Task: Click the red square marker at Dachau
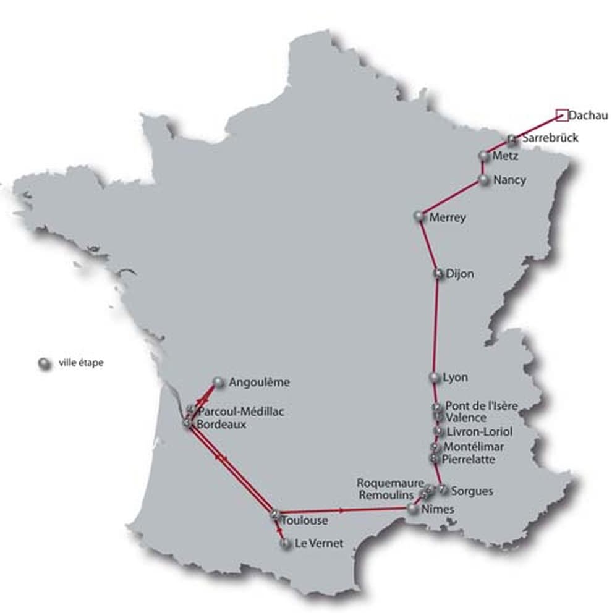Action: [561, 114]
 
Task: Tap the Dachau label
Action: [588, 115]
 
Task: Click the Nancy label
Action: [510, 180]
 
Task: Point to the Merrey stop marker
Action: [419, 216]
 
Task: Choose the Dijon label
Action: [459, 274]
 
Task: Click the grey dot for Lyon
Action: [433, 377]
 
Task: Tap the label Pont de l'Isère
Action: [482, 405]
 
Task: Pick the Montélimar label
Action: [474, 446]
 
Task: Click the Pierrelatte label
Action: [469, 459]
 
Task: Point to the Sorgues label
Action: [472, 491]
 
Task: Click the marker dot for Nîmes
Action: [412, 509]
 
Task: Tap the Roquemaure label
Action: [390, 482]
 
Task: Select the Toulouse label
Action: [304, 521]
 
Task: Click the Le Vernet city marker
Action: [285, 544]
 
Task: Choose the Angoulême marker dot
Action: [218, 383]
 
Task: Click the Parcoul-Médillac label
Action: [241, 412]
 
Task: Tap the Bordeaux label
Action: [221, 425]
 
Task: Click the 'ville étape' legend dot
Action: [43, 363]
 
